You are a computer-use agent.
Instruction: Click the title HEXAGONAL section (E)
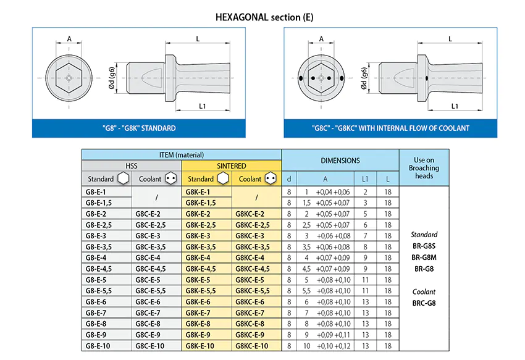tap(264, 17)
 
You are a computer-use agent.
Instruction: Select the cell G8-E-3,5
tap(99, 247)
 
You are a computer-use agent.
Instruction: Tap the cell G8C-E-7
tap(148, 313)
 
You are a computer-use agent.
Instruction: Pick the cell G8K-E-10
tap(199, 346)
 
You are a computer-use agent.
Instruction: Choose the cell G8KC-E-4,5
tap(253, 269)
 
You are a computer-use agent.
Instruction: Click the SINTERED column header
tap(232, 165)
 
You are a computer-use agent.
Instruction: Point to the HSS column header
tap(132, 165)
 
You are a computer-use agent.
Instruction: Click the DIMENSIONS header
tap(340, 161)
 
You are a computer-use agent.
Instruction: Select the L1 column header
tap(365, 179)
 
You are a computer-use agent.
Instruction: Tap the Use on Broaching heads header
tap(424, 168)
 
